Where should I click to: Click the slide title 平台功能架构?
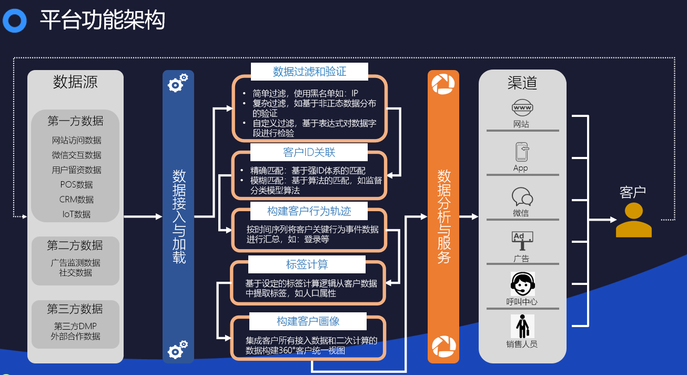pos(103,21)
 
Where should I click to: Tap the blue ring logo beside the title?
pos(14,21)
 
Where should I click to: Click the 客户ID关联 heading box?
pos(309,152)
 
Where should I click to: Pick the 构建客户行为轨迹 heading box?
pos(309,211)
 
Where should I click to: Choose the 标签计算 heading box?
pos(307,264)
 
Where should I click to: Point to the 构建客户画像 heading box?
pos(307,321)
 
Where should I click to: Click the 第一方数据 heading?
pos(75,121)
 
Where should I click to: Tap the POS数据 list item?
pos(76,185)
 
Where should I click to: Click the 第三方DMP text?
pos(75,326)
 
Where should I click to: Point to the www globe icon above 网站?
pos(522,108)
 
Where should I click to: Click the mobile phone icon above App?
pos(522,152)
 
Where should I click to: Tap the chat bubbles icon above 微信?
pos(522,197)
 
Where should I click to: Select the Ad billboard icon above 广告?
pos(522,240)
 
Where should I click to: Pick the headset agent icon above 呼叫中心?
pos(522,284)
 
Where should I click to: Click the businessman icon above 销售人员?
pos(522,327)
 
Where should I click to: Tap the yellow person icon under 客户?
pos(633,221)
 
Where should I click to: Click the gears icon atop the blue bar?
pos(178,83)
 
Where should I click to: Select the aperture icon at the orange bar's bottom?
pos(443,347)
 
